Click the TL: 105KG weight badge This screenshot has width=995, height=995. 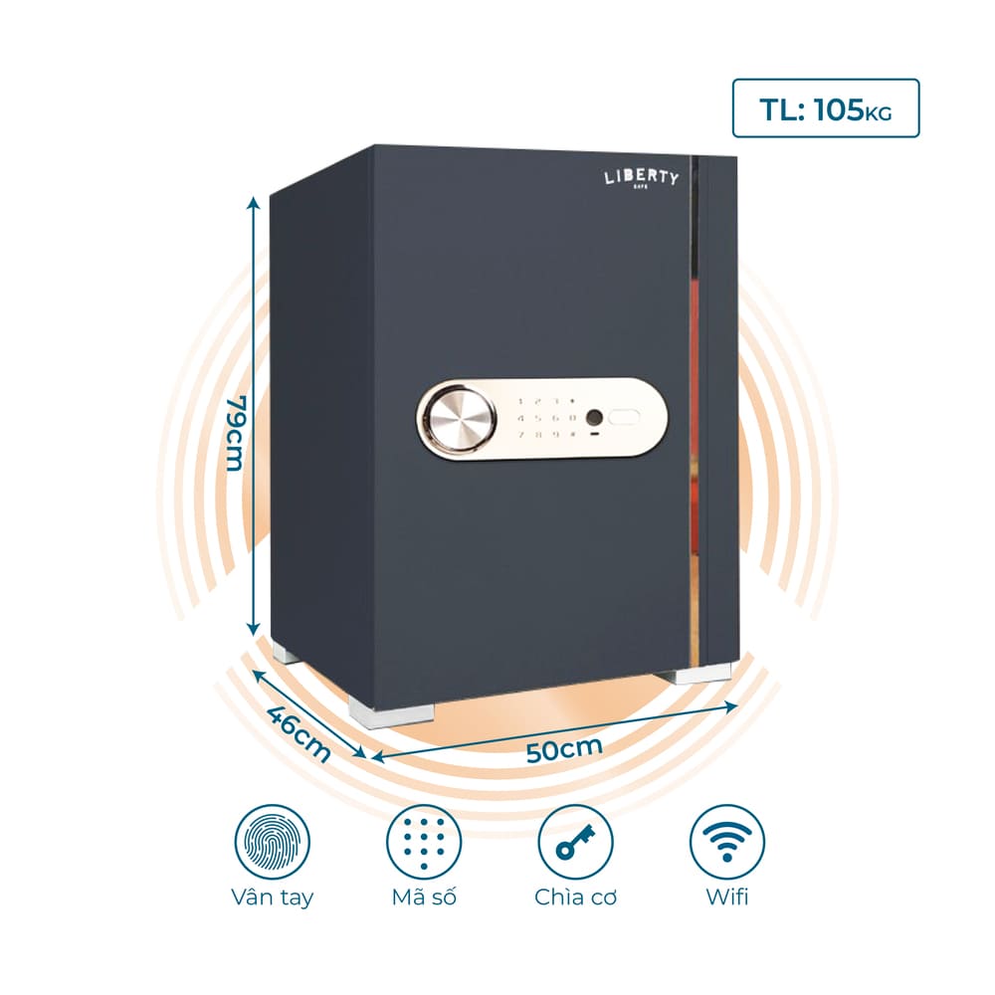click(826, 107)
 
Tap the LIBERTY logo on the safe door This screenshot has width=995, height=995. click(641, 178)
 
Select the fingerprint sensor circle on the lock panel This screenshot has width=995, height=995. click(595, 418)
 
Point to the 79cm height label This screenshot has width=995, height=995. click(236, 434)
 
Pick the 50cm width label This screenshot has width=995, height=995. click(564, 749)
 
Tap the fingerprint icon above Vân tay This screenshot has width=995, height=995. click(273, 842)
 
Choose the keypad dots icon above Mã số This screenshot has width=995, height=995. click(424, 842)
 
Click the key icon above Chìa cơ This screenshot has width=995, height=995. click(575, 842)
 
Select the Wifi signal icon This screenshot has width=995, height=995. click(727, 842)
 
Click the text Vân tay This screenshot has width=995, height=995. click(273, 896)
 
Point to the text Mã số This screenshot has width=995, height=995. click(424, 896)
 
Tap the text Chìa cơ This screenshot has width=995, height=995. click(575, 896)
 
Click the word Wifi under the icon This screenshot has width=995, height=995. click(727, 896)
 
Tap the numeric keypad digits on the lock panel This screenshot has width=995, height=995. click(547, 418)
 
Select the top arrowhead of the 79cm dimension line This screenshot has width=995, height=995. click(253, 202)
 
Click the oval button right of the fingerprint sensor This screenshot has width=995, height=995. click(625, 418)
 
